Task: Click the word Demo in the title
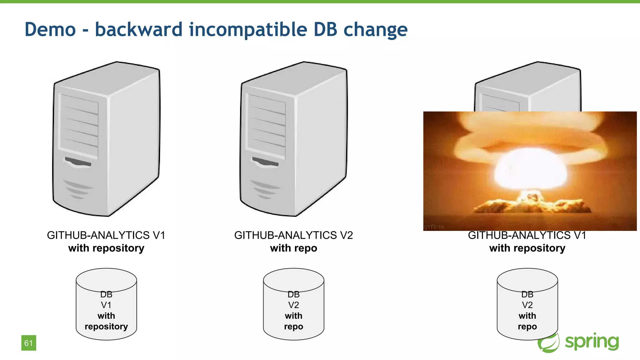tap(50, 29)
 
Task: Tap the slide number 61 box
tap(29, 343)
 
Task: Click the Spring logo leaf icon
tap(549, 343)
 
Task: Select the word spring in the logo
tap(592, 342)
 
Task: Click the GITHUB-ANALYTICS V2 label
tap(293, 235)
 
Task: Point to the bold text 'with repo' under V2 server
tap(293, 248)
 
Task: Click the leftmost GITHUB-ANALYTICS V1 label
tap(106, 235)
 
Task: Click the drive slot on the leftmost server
tap(78, 162)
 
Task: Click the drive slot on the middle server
tap(265, 162)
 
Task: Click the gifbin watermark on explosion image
tap(434, 227)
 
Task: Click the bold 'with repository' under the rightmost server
tap(527, 248)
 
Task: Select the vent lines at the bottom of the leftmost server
tap(78, 189)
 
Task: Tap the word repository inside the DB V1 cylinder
tap(106, 327)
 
